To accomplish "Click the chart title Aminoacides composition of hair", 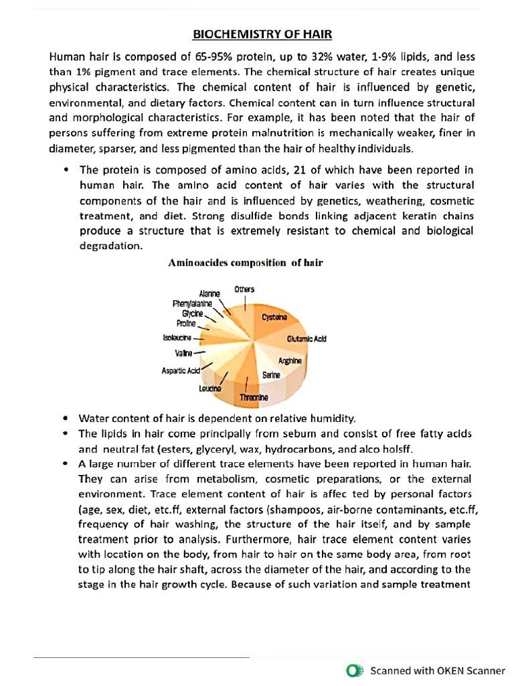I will [x=245, y=263].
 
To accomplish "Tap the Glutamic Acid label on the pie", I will [x=307, y=339].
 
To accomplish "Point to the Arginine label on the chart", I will [x=290, y=361].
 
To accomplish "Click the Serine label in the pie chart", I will [x=271, y=376].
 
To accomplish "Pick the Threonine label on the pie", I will [x=254, y=398].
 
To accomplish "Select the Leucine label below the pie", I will [x=210, y=389].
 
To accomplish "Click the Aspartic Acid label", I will [x=181, y=370].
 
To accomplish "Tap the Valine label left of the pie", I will [x=183, y=352].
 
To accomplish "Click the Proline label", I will [x=186, y=324].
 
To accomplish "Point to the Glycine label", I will [x=192, y=314].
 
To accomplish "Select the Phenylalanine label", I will [x=192, y=303].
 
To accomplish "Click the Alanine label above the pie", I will [x=210, y=293].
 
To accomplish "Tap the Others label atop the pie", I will [x=244, y=289].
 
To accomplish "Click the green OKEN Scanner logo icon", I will [x=355, y=670].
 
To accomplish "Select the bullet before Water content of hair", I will [x=65, y=418].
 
